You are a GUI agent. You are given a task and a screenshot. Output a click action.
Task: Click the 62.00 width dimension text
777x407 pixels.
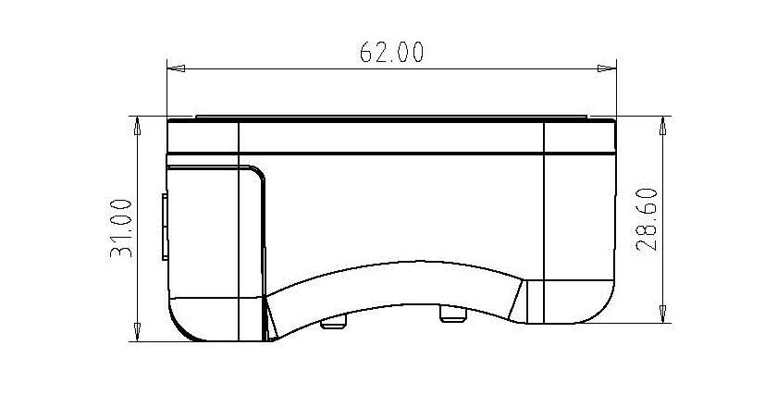click(391, 52)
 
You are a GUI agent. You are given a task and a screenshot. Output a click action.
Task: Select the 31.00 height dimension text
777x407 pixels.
click(121, 228)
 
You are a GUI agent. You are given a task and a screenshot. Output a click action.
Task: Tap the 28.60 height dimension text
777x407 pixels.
click(647, 219)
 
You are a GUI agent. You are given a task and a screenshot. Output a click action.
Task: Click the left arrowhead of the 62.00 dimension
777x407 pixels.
click(177, 68)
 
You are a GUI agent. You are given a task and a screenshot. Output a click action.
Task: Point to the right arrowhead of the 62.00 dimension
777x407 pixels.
click(607, 68)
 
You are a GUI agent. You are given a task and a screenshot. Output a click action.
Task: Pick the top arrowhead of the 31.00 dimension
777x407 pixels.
click(137, 126)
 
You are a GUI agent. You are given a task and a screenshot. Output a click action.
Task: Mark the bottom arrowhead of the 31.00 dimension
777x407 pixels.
click(137, 332)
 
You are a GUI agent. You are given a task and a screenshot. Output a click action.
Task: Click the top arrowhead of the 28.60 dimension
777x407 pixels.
click(662, 126)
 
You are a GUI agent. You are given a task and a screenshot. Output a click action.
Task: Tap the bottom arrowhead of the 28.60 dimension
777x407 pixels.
click(662, 314)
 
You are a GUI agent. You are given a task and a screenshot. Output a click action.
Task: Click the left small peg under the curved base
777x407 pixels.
click(333, 324)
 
